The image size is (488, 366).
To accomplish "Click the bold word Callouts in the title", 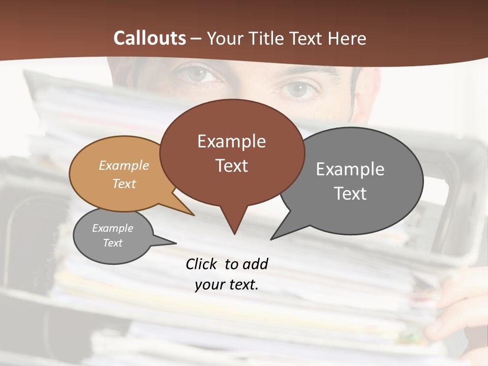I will coord(149,38).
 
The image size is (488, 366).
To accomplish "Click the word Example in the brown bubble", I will coord(231,141).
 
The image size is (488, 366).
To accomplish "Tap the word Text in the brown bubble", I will coord(232,166).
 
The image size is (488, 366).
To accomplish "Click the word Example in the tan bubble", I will coord(124,165).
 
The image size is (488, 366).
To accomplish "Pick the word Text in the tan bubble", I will coord(124,184).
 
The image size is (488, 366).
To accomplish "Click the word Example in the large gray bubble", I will coord(350,169).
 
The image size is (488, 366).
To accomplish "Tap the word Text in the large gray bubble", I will coord(350,194).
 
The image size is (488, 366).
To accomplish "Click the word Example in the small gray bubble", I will coord(113,228).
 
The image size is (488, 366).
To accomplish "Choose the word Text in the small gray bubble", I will coord(113,243).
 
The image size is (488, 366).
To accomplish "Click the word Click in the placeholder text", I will coord(202,264).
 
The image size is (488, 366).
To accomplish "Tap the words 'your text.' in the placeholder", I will coord(227,285).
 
